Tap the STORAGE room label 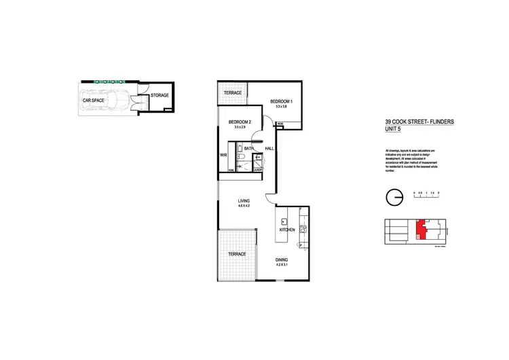point(159,95)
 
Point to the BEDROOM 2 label point(240,121)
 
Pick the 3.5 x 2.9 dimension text point(240,127)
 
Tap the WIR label point(223,154)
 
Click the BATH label point(248,148)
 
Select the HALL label point(269,148)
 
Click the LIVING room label point(244,201)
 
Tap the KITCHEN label point(287,230)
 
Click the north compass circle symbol point(393,196)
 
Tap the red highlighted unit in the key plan point(422,229)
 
